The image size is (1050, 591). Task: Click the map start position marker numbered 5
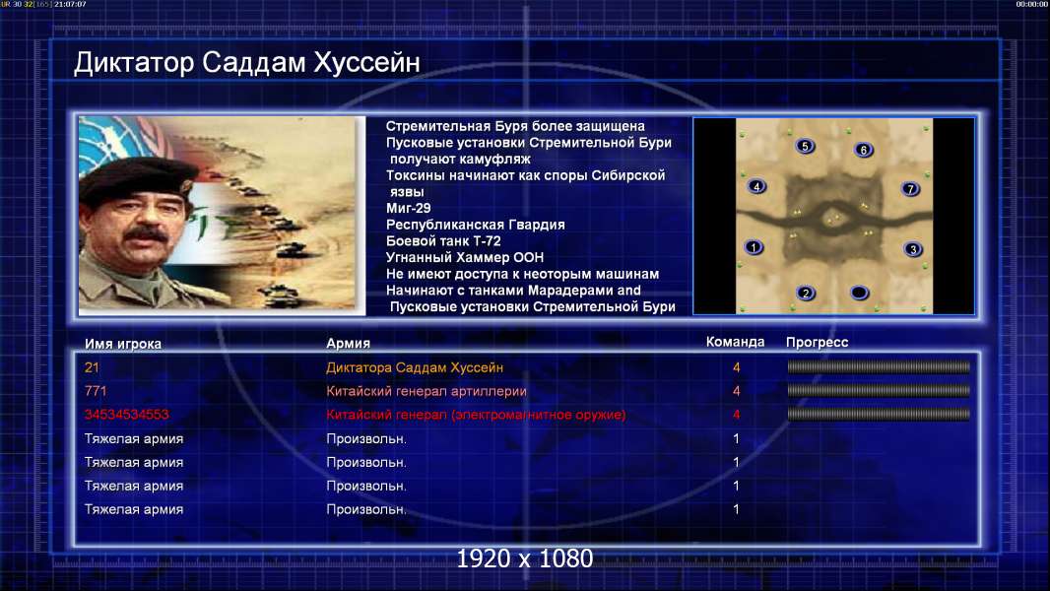[x=805, y=146]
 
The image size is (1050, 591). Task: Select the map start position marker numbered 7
[x=910, y=189]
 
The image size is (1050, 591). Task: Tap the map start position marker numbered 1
[x=754, y=247]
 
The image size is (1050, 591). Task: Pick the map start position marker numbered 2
[x=806, y=293]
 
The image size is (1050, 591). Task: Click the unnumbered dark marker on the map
[x=859, y=293]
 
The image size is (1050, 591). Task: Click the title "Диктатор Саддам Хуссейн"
[x=246, y=62]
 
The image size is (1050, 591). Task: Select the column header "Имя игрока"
[x=122, y=344]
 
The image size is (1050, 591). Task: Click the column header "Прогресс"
[x=817, y=342]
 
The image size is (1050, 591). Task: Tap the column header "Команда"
[x=735, y=342]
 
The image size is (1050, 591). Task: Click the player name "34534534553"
[x=126, y=415]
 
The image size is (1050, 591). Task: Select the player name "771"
[x=96, y=391]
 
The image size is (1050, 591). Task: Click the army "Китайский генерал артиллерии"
[x=426, y=391]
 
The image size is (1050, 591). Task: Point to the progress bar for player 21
[x=879, y=366]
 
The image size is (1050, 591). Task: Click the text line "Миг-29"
[x=408, y=208]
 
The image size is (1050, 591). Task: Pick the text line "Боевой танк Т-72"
[x=442, y=241]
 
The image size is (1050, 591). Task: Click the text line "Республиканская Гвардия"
[x=475, y=225]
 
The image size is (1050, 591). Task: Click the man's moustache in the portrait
[x=146, y=234]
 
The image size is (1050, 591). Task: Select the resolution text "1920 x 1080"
[x=524, y=558]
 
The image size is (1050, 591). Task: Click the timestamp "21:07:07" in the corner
[x=70, y=4]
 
